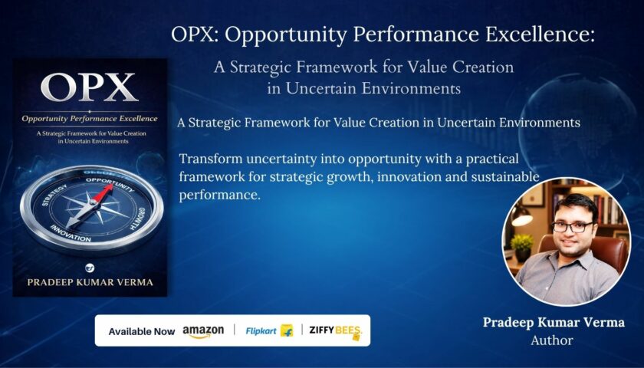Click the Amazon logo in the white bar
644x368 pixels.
coord(203,331)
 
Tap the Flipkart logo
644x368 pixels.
coord(269,330)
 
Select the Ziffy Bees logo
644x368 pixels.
coord(336,331)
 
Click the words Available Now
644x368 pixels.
coord(142,331)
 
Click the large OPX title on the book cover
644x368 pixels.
coord(90,87)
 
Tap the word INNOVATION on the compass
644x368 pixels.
coord(71,233)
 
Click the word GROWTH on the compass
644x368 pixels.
coord(136,217)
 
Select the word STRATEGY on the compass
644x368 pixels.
coord(54,195)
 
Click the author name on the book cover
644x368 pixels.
coord(90,282)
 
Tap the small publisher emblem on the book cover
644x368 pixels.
coord(90,268)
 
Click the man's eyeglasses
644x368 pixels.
coord(572,226)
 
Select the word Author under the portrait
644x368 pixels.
coord(551,340)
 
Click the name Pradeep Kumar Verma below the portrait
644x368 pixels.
coord(554,323)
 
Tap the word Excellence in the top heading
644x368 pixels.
coord(540,35)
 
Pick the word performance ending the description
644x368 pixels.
coord(220,195)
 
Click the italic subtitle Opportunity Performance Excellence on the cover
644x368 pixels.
coord(90,119)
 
